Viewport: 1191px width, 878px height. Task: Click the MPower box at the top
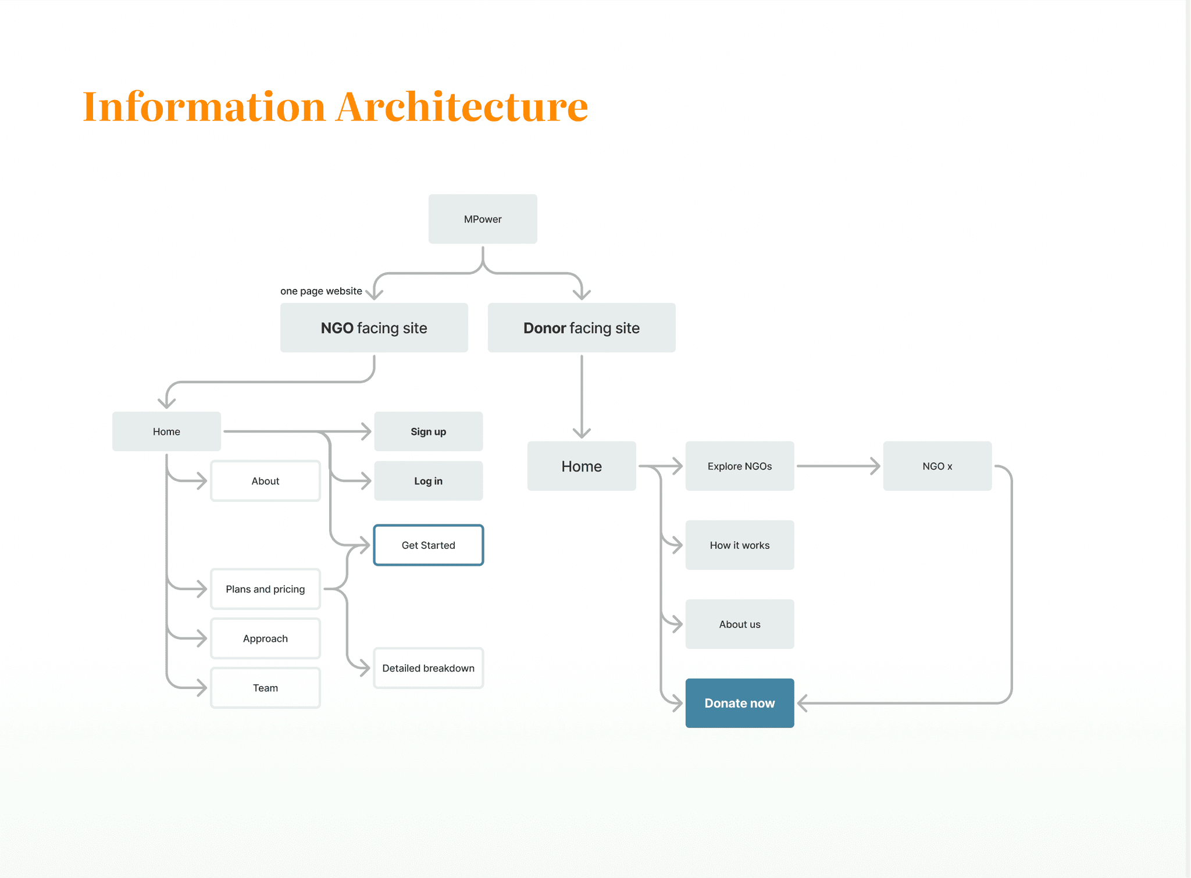click(483, 219)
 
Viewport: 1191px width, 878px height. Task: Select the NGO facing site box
click(374, 327)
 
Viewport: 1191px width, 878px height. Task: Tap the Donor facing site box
click(582, 327)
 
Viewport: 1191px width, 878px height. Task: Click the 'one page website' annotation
click(321, 291)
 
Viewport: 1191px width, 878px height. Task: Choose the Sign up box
click(429, 431)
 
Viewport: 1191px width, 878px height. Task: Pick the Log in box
click(429, 481)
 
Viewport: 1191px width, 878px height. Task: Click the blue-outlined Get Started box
click(429, 545)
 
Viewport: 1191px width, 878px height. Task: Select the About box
click(265, 481)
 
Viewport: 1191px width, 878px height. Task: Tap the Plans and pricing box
click(265, 589)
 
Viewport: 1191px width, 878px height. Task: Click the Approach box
click(265, 638)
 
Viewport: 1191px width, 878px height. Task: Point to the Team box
click(265, 688)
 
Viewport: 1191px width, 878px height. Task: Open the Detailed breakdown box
click(429, 668)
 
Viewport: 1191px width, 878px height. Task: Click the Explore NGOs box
click(740, 466)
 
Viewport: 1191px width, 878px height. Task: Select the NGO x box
click(937, 466)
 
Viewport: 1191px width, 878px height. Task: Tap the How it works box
click(740, 545)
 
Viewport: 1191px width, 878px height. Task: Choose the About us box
click(740, 624)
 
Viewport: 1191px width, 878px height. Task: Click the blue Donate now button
click(740, 703)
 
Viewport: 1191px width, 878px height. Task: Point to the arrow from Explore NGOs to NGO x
click(839, 466)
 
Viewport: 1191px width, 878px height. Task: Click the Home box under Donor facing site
click(582, 466)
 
